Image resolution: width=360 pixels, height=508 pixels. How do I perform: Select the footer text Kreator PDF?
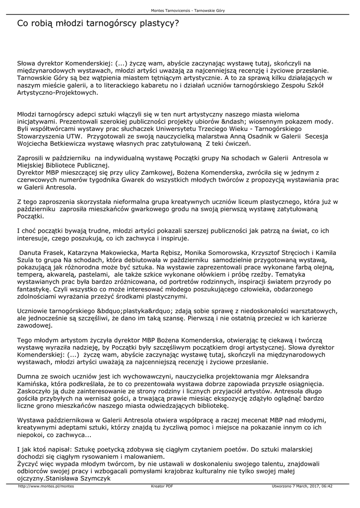point(162,486)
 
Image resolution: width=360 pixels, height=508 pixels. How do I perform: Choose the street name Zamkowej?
point(144,172)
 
